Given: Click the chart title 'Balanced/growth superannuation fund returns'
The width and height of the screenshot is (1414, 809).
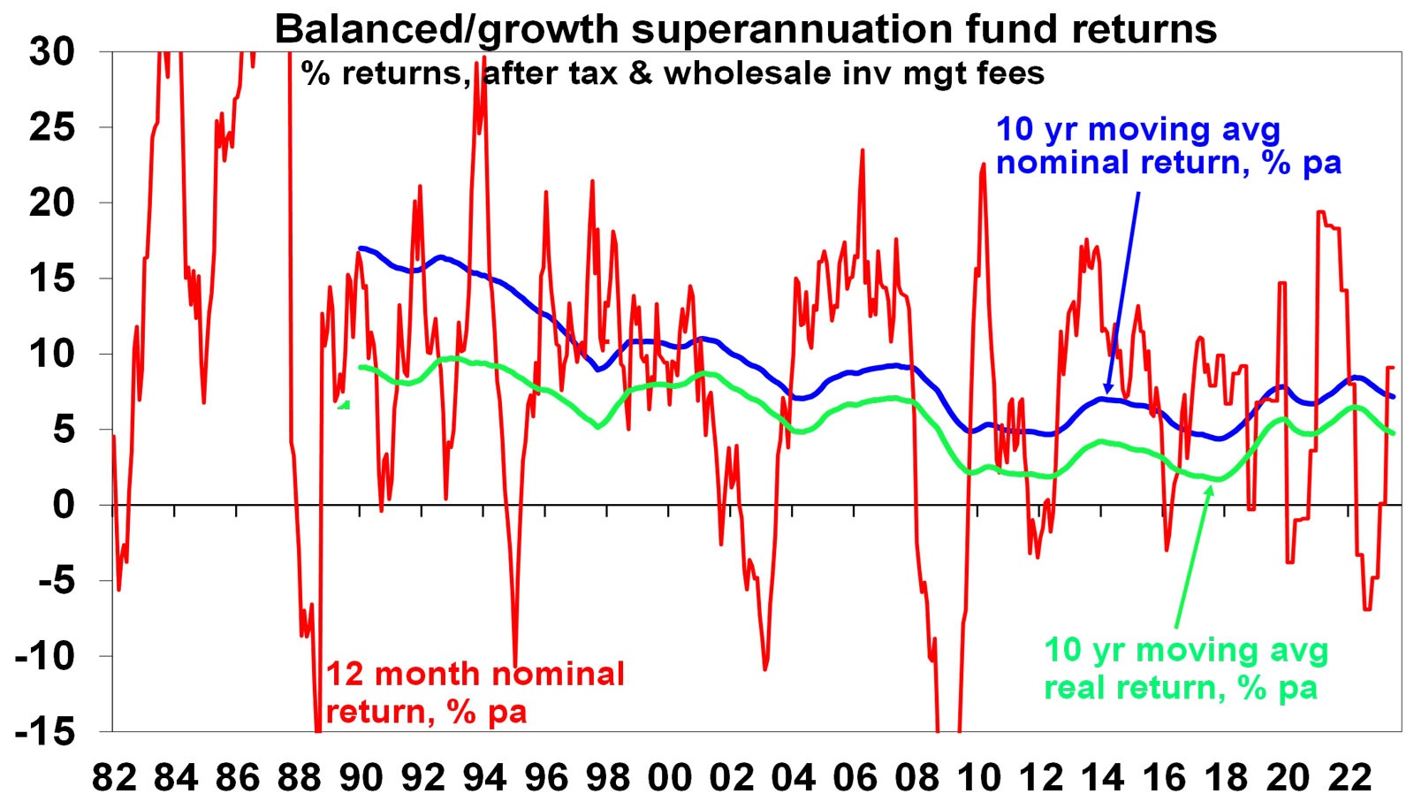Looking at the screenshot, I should [x=745, y=28].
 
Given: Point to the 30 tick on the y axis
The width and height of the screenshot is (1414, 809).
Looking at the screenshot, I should [x=52, y=51].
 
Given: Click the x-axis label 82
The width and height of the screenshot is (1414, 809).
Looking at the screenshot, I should [x=115, y=778].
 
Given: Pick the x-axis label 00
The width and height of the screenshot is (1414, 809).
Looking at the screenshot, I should [x=669, y=778].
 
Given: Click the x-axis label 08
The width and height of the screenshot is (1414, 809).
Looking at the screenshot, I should [x=916, y=778].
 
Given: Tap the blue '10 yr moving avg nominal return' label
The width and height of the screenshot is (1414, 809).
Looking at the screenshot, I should [x=1167, y=146].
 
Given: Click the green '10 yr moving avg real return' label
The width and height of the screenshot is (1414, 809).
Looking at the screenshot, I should [x=1185, y=668].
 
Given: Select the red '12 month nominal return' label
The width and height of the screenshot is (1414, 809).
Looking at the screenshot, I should [x=475, y=692].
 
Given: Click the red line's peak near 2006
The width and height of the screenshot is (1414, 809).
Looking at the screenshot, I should [x=862, y=151].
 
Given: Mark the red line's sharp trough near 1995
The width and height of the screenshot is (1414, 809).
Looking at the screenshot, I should [x=515, y=661].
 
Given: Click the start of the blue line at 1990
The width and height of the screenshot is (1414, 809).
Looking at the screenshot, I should [x=360, y=248].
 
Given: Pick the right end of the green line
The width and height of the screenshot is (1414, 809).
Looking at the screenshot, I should [x=1394, y=433].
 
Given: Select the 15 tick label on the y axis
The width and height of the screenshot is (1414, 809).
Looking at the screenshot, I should [x=52, y=279].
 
